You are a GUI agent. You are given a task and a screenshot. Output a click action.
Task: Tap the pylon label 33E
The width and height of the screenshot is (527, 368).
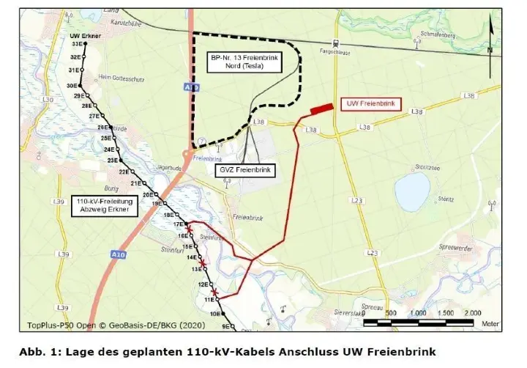pos(75,45)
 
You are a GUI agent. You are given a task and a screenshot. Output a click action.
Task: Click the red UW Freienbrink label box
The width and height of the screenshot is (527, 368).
pos(371,104)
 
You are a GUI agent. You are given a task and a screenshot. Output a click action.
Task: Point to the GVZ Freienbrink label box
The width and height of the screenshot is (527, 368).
pos(244,170)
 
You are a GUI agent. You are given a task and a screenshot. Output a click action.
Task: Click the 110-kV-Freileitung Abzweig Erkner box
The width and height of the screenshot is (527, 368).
pos(102,205)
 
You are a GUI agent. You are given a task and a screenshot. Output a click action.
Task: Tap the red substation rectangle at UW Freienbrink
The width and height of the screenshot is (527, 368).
pos(320,109)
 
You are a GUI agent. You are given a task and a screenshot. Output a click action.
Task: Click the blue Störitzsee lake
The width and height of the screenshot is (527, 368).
pos(411,191)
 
